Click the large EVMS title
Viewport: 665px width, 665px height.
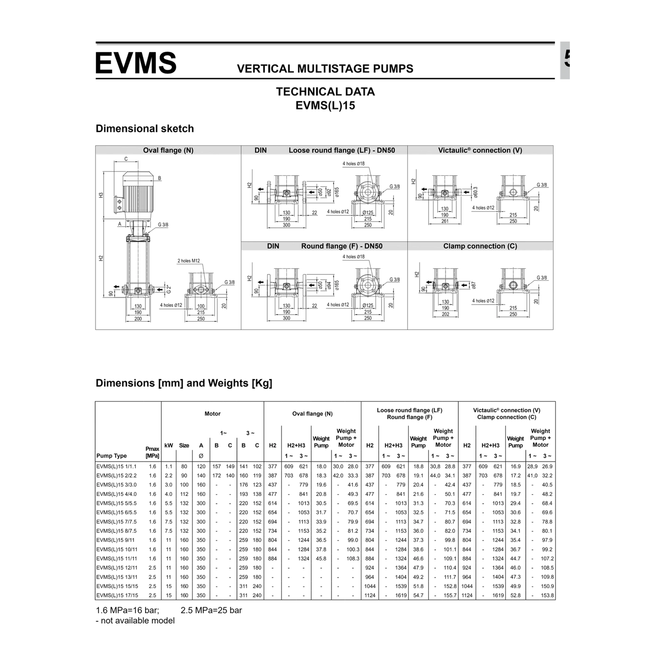136,63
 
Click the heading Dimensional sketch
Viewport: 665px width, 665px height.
145,128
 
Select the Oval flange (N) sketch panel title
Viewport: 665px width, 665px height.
168,150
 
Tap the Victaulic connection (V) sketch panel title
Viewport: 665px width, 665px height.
480,150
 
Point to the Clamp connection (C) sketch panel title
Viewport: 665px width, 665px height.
480,246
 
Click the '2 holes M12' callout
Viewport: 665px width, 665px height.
189,261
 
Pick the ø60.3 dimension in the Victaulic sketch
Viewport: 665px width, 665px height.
475,192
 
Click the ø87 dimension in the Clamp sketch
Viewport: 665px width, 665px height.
473,286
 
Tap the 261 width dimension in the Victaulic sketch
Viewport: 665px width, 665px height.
445,221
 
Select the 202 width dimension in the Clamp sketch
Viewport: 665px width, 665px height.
445,314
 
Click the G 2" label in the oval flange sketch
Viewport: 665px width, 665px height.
169,289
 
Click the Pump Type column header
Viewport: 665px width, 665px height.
111,456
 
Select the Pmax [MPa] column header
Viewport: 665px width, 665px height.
153,452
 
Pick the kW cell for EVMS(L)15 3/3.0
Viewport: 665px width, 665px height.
168,485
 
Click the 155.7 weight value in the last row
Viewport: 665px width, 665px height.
450,595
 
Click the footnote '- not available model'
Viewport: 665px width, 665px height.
135,621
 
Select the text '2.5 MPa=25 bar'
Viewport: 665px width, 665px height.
211,610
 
